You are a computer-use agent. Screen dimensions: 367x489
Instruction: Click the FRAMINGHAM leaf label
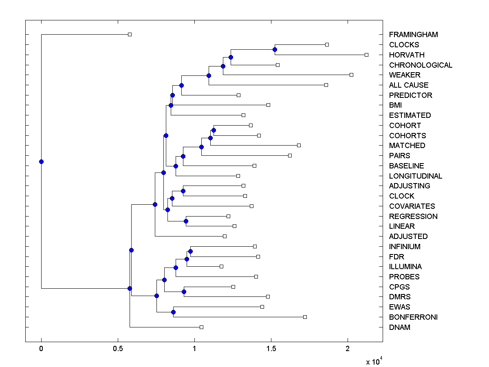(x=413, y=35)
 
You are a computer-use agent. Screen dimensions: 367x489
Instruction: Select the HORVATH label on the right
(x=406, y=55)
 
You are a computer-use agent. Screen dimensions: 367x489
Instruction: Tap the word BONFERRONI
(x=413, y=317)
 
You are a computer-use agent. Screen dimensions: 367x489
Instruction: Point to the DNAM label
(x=399, y=327)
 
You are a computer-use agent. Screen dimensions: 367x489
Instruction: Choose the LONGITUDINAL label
(x=415, y=176)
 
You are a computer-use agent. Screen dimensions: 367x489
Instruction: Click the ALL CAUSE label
(x=409, y=85)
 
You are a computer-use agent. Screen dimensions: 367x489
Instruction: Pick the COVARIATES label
(x=412, y=206)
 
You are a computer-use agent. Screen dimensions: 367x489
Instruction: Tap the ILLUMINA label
(x=405, y=267)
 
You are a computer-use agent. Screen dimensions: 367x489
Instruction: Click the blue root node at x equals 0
(x=41, y=161)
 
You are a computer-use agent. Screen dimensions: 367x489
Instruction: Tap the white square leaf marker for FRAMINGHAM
(x=130, y=34)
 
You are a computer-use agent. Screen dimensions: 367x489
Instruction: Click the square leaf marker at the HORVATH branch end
(x=366, y=55)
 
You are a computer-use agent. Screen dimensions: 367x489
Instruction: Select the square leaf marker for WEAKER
(x=351, y=75)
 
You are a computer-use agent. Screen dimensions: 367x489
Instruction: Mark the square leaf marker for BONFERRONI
(x=305, y=317)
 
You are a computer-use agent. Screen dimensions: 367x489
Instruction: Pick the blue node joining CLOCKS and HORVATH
(x=275, y=49)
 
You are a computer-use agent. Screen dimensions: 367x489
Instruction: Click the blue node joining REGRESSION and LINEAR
(x=186, y=221)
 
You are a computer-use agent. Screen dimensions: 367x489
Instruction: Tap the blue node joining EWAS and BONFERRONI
(x=173, y=312)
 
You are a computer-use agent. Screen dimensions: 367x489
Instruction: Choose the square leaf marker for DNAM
(x=201, y=327)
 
